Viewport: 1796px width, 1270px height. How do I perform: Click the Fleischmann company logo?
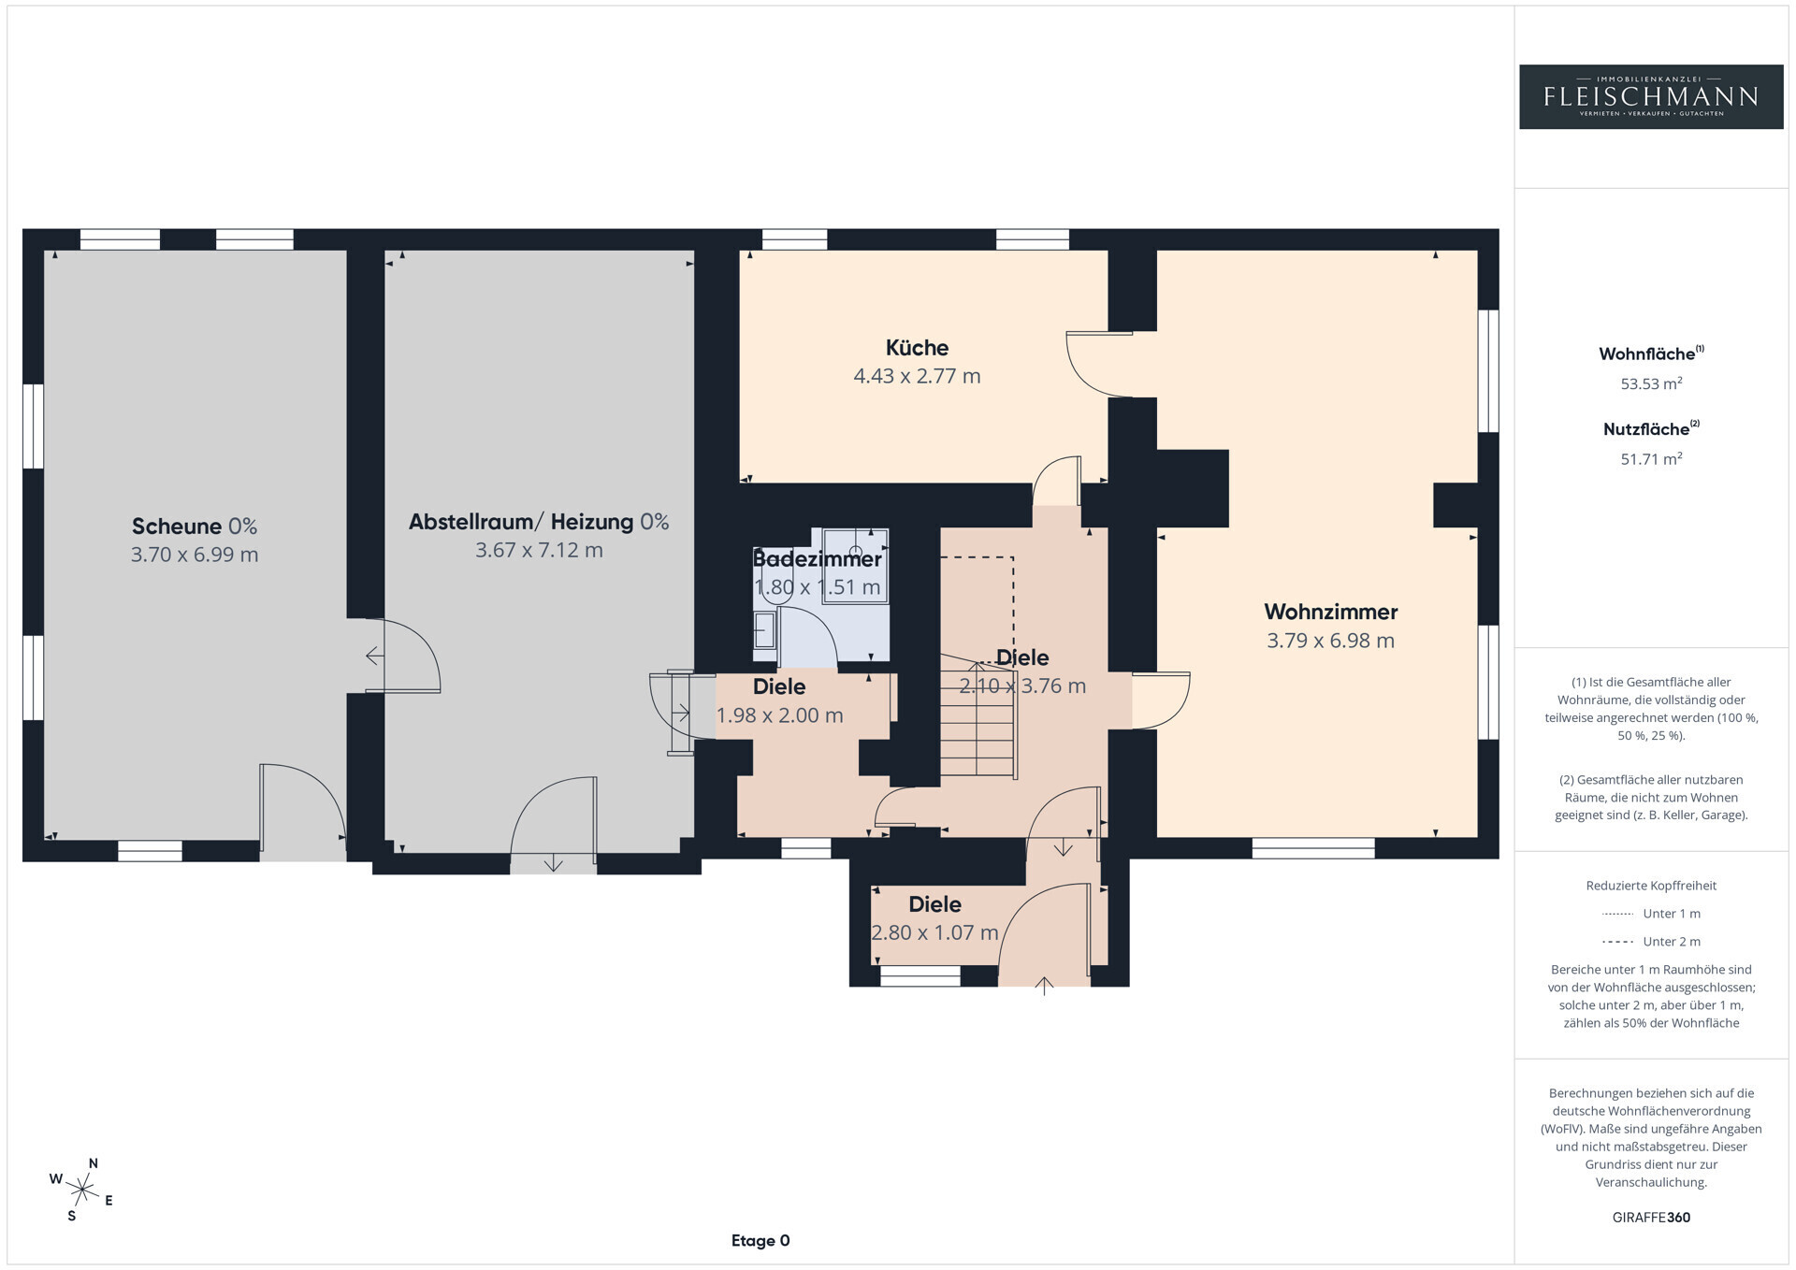[x=1651, y=96]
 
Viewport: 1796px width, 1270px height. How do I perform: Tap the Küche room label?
[x=917, y=348]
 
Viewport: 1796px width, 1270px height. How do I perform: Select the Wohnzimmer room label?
[x=1330, y=612]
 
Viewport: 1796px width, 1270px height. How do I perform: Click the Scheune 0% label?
[x=195, y=526]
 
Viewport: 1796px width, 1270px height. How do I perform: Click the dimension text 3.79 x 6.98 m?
[x=1330, y=641]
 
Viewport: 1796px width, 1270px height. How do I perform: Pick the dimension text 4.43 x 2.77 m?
[x=917, y=376]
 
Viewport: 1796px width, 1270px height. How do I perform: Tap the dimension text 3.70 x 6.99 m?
[x=195, y=555]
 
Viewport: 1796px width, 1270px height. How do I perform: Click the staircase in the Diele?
[x=978, y=714]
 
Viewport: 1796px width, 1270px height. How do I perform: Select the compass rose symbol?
[x=82, y=1190]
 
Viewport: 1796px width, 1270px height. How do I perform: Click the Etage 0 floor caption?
[x=760, y=1241]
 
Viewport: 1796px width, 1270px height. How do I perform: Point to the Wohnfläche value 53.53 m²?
[x=1651, y=383]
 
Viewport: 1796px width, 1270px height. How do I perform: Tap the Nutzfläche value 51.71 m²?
[x=1651, y=458]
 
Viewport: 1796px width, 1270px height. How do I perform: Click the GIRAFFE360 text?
[x=1651, y=1218]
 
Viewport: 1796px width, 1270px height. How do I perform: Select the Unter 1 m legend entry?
[x=1651, y=914]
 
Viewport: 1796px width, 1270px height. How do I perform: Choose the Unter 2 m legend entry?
[x=1651, y=942]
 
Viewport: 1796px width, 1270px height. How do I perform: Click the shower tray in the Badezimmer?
[x=855, y=566]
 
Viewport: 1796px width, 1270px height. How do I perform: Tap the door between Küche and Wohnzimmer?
[x=1099, y=365]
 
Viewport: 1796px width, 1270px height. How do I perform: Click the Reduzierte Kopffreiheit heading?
[x=1651, y=886]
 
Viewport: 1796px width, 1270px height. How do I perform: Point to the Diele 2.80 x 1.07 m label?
[x=934, y=918]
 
